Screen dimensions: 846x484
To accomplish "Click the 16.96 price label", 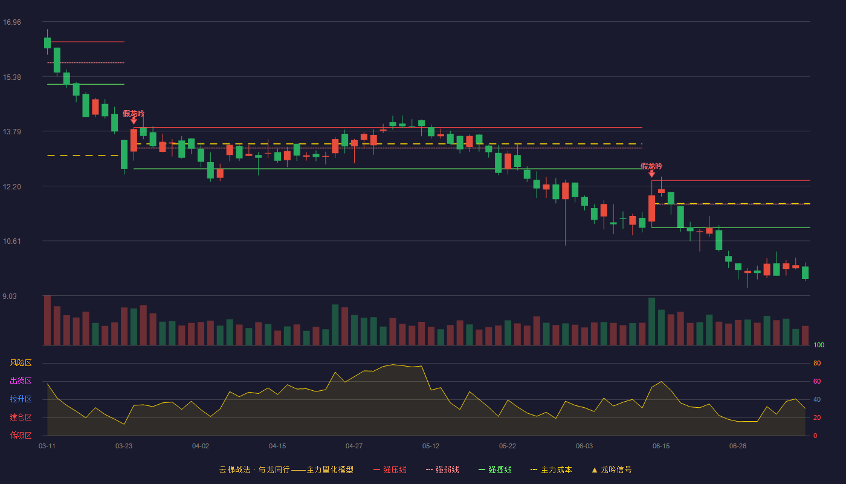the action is click(11, 22).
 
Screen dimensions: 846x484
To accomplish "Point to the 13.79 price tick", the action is click(11, 132).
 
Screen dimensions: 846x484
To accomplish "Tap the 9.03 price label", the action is click(10, 296).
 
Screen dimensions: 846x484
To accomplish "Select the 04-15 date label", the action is click(277, 446).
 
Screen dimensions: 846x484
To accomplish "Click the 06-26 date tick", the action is click(738, 446).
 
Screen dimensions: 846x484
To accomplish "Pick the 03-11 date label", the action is click(47, 446).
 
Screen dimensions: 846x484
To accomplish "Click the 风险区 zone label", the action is click(21, 362).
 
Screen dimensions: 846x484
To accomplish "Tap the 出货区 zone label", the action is click(21, 381).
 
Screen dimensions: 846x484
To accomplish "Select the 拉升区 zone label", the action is click(21, 399).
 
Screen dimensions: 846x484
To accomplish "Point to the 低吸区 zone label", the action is click(21, 435).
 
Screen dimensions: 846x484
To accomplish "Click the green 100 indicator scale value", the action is click(819, 345).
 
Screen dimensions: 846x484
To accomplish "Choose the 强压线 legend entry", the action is click(390, 469).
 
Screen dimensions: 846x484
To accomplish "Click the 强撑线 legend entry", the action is click(495, 469).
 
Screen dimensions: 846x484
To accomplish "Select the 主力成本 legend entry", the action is click(551, 469).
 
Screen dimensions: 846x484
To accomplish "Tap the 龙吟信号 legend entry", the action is click(612, 469).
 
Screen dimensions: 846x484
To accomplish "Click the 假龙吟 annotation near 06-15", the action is click(651, 166).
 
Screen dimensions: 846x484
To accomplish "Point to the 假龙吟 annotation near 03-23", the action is click(134, 114).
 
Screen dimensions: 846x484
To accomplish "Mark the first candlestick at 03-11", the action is click(47, 42).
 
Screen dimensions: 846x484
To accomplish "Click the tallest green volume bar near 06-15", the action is click(651, 321).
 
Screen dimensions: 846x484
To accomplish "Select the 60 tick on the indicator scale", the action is click(817, 381).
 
